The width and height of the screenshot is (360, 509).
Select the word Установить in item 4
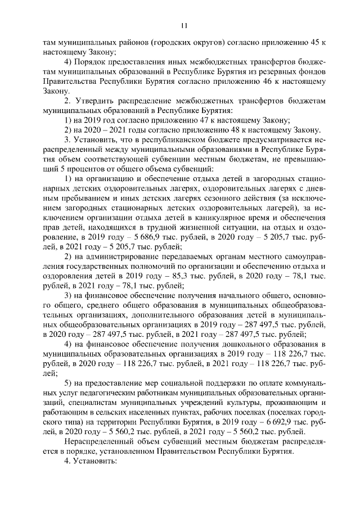(x=95, y=461)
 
